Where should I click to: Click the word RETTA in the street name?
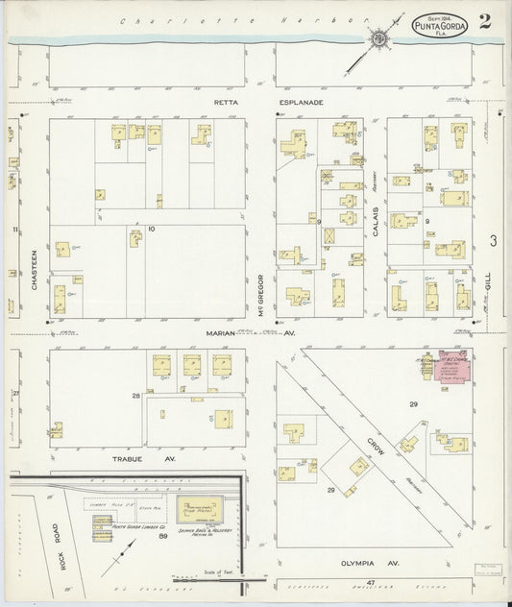[224, 100]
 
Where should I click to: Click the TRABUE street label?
[129, 460]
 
